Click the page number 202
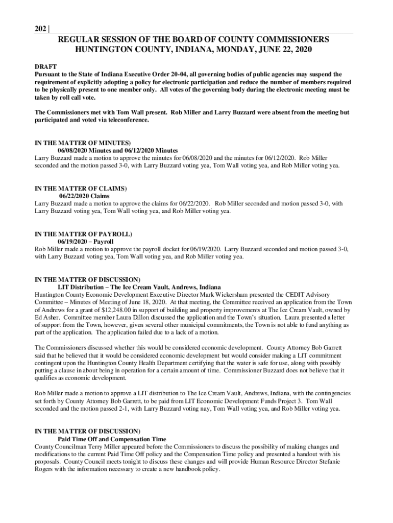(40, 29)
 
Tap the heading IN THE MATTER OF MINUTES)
(83, 142)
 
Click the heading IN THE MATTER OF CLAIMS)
(80, 188)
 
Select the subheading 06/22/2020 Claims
(84, 196)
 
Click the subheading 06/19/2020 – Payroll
(86, 241)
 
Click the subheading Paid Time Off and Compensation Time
(112, 439)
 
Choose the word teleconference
(130, 120)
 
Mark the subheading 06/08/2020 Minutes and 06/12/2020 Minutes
(118, 150)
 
